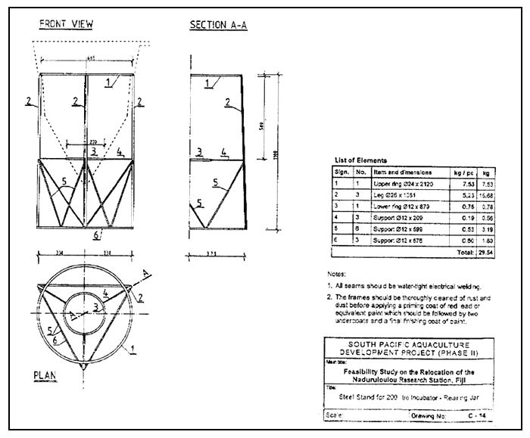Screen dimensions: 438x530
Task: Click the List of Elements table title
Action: [x=360, y=160]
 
